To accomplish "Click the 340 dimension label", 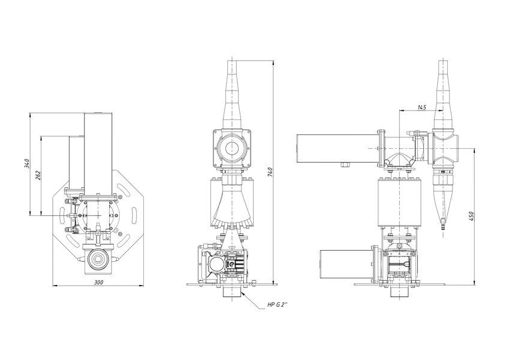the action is pos(27,163).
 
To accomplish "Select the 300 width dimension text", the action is pos(98,283).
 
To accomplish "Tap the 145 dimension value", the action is pos(421,107).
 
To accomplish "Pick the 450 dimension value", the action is pos(471,217).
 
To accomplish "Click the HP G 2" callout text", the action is pos(277,305).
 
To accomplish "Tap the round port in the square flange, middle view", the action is pos(232,148).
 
